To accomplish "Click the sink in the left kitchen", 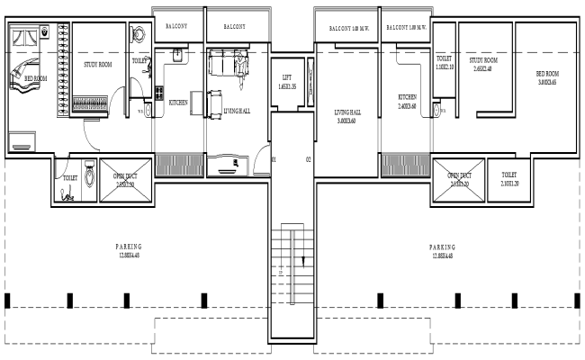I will coord(178,54).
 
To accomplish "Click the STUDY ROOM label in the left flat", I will coord(97,65).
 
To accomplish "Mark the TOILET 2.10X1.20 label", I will coord(508,178).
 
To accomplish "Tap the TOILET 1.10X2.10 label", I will coord(444,63).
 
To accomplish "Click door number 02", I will coord(307,159).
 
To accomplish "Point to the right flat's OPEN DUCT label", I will coord(459,178).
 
